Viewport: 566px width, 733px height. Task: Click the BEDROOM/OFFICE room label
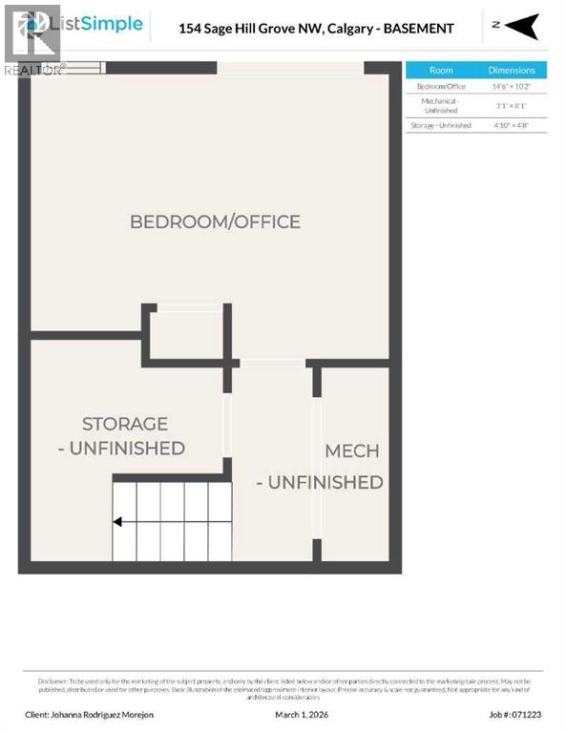[215, 221]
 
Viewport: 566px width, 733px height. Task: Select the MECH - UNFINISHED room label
[351, 450]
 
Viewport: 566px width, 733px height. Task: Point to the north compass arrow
[522, 27]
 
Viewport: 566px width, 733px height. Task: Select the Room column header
[441, 70]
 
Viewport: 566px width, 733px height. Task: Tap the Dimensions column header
[512, 70]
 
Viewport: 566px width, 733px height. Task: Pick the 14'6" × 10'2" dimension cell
[512, 86]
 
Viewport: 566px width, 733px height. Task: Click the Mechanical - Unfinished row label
[441, 105]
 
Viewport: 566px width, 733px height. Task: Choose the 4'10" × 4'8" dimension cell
[512, 125]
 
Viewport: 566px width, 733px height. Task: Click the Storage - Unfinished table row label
[441, 125]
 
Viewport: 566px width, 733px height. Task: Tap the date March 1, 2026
[302, 713]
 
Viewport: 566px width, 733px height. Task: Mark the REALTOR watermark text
[34, 70]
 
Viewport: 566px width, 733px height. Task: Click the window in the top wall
[290, 67]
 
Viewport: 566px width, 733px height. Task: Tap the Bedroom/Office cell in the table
[441, 86]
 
